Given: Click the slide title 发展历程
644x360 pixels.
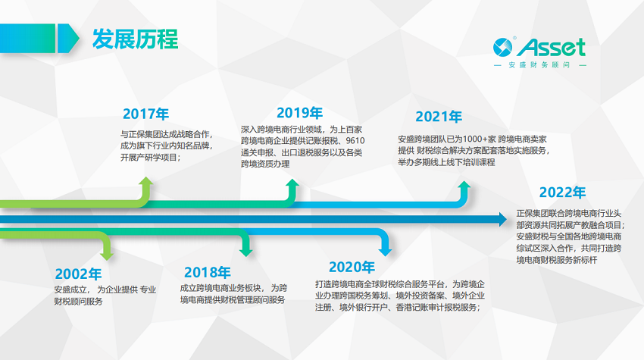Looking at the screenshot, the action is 135,39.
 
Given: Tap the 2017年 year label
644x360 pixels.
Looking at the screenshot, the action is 145,114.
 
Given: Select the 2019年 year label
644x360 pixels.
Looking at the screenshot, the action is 299,113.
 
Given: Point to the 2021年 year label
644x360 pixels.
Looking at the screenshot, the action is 439,117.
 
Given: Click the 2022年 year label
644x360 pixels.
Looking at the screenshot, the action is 562,193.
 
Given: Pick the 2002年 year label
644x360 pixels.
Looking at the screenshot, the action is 78,274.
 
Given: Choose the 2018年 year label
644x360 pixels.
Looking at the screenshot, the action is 207,272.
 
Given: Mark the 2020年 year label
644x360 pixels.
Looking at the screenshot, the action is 352,267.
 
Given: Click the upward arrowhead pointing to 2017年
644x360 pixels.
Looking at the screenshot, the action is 145,181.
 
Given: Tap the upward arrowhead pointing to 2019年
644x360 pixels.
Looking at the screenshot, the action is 292,183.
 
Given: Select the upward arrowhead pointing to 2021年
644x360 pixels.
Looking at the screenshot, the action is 464,185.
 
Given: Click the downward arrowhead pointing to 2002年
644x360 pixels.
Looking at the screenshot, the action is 107,255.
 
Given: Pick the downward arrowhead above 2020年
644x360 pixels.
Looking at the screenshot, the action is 385,252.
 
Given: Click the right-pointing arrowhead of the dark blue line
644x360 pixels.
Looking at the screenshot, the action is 503,220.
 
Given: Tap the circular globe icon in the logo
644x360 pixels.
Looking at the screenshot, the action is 503,47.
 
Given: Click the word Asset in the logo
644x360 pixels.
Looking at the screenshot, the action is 551,47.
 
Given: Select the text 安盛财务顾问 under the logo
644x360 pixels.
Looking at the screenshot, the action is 539,65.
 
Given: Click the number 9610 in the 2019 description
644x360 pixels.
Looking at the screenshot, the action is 355,140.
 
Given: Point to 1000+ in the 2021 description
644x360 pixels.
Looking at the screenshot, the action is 475,139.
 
